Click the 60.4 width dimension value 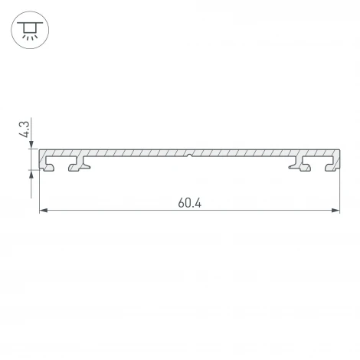pos(189,203)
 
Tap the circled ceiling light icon pos(29,31)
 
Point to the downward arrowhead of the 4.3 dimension pos(32,145)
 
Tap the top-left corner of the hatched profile pos(40,150)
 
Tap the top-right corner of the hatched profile pos(339,150)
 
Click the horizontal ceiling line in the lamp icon pos(29,23)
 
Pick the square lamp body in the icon pos(29,28)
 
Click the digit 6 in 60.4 pos(181,203)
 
